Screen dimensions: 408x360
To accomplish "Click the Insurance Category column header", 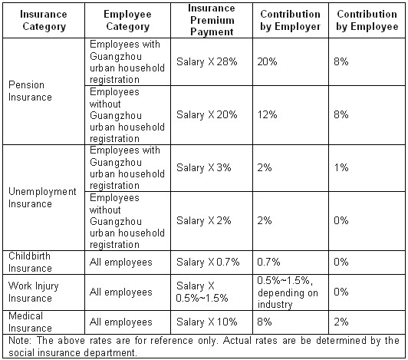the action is [x=44, y=20].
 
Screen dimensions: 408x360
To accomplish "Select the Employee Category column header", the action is [x=127, y=20].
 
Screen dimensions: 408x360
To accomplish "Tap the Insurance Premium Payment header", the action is [x=212, y=20].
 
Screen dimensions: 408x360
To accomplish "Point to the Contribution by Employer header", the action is [x=291, y=20].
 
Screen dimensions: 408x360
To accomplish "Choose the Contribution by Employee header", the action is [x=367, y=20].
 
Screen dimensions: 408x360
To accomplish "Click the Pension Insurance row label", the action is [x=30, y=91].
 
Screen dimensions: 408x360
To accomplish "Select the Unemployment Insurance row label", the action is [x=42, y=197].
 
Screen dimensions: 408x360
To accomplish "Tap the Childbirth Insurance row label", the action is [x=30, y=262].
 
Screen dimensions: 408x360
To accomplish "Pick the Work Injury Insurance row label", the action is [x=34, y=292].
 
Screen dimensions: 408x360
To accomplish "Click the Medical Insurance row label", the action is [x=30, y=322].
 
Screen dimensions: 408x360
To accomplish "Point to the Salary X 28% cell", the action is [x=207, y=62].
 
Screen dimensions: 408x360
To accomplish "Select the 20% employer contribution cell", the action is [x=267, y=61].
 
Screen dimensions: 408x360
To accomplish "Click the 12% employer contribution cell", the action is [x=267, y=114].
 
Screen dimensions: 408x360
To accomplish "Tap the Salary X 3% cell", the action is [x=204, y=168].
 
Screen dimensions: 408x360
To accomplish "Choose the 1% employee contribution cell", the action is [x=341, y=167].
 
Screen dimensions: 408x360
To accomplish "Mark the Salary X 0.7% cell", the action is [x=208, y=262].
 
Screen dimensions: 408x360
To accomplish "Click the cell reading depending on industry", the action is [x=288, y=292].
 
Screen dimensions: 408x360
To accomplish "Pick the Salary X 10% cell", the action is [x=207, y=322].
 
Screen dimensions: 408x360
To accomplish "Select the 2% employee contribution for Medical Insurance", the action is [x=341, y=322].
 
